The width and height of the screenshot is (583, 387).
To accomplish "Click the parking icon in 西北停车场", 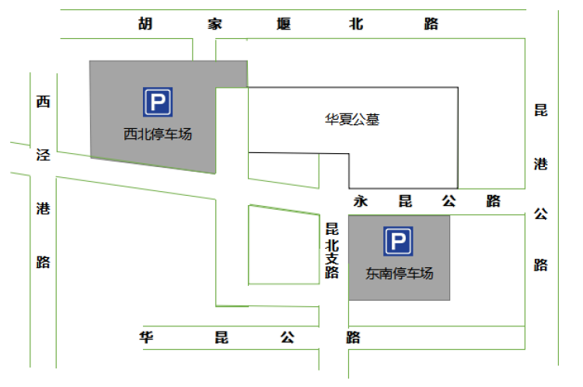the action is point(158,102).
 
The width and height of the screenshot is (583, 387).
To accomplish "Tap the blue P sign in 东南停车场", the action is point(398,241).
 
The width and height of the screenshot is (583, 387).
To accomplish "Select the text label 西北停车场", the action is point(158,134).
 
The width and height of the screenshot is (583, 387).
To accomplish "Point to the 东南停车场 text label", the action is point(400,274).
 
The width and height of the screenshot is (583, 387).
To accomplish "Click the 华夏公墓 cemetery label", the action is point(352,120).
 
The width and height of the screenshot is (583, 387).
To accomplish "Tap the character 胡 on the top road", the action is point(145,23).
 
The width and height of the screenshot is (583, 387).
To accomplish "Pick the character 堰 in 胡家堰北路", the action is point(284,24).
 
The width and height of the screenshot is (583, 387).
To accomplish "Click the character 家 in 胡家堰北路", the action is point(215,24).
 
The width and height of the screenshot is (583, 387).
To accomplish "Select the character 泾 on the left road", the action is point(43,155).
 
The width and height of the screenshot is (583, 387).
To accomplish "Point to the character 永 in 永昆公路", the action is point(361,201).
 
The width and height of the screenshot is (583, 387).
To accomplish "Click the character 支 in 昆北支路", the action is point(332,258).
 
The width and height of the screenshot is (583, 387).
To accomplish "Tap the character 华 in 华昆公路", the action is point(146,337).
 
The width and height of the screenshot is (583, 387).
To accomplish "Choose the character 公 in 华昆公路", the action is point(288,337).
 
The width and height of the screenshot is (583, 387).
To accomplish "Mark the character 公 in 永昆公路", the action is point(449,201).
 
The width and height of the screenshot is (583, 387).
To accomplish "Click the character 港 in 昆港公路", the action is point(541,164).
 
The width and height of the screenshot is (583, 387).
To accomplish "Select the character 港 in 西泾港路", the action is point(43,208).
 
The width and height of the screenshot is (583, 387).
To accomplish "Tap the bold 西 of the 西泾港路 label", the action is point(43,102).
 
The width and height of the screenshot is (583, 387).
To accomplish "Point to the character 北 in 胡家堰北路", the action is point(356,24).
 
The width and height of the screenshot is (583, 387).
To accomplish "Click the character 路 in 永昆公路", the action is point(494,201).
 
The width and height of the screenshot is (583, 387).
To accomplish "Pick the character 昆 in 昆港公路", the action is point(541,110).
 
